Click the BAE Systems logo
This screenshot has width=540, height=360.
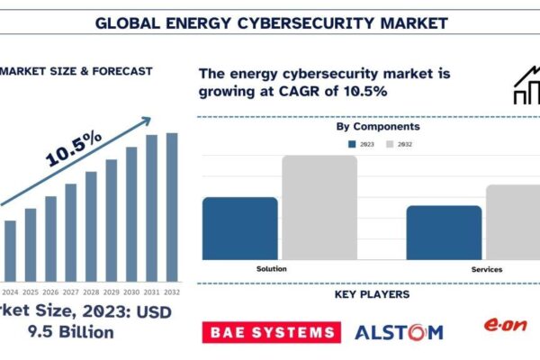click(269, 332)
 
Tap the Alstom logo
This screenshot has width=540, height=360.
click(399, 332)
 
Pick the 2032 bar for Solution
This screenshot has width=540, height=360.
click(319, 207)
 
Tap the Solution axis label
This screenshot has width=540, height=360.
click(272, 269)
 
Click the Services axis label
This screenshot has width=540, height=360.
click(486, 269)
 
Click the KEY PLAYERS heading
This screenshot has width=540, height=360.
click(372, 294)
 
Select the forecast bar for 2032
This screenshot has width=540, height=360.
click(172, 206)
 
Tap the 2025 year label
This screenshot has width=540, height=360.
click(31, 292)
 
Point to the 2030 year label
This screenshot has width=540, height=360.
click(131, 292)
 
